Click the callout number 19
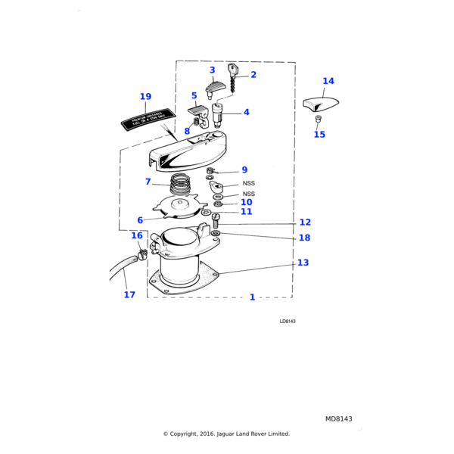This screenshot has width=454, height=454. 145,97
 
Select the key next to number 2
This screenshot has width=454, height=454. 233,73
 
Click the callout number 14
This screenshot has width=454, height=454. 328,81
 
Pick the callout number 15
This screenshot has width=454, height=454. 319,135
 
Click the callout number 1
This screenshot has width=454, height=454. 252,297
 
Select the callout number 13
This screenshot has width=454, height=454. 303,263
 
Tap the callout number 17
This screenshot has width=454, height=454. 129,294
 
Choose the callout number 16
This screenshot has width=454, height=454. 136,236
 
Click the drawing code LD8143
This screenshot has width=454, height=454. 287,322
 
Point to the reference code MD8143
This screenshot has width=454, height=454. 338,418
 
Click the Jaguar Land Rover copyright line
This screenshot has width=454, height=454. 226,434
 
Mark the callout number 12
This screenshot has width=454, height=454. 305,222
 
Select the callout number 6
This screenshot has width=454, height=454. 140,220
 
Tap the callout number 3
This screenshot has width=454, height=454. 212,70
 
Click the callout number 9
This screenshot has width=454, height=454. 244,170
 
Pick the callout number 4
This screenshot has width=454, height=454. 246,112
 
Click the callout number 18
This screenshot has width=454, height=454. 304,238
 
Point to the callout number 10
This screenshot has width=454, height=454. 246,202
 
